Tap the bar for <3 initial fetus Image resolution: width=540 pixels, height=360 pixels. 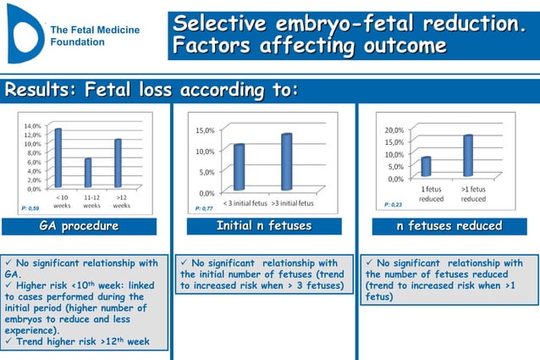pyautogui.click(x=240, y=167)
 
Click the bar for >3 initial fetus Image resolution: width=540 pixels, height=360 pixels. pyautogui.click(x=286, y=162)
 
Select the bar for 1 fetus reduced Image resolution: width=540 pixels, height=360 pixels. pyautogui.click(x=427, y=167)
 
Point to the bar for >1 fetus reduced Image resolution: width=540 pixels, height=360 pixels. pyautogui.click(x=468, y=156)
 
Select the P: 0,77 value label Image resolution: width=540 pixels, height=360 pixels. pyautogui.click(x=204, y=208)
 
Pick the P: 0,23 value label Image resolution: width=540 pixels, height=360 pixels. pyautogui.click(x=394, y=205)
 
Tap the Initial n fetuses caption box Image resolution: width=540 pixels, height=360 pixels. pyautogui.click(x=264, y=226)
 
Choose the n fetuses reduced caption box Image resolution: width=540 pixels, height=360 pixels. pyautogui.click(x=449, y=226)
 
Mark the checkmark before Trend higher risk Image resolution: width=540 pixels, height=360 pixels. pyautogui.click(x=10, y=342)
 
